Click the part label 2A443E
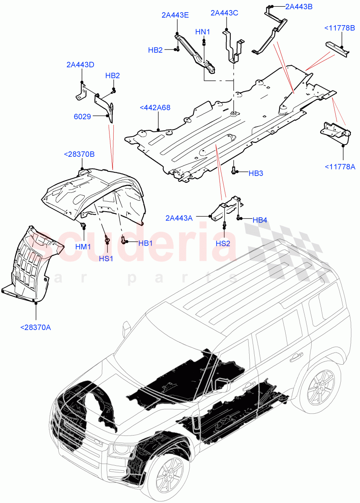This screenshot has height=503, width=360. pyautogui.click(x=175, y=15)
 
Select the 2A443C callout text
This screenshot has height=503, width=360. pyautogui.click(x=224, y=13)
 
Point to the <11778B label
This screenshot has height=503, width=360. pyautogui.click(x=339, y=28)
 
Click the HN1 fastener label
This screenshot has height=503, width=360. pyautogui.click(x=203, y=32)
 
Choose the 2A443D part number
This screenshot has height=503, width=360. pyautogui.click(x=80, y=65)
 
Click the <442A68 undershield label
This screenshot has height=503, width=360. pyautogui.click(x=155, y=108)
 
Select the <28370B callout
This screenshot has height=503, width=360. pyautogui.click(x=79, y=154)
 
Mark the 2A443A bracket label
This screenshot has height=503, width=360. pyautogui.click(x=179, y=218)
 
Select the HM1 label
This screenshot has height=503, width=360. pyautogui.click(x=83, y=247)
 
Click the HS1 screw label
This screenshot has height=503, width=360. pyautogui.click(x=106, y=258)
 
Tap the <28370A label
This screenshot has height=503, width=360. pyautogui.click(x=35, y=327)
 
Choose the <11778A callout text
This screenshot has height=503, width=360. pyautogui.click(x=340, y=167)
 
